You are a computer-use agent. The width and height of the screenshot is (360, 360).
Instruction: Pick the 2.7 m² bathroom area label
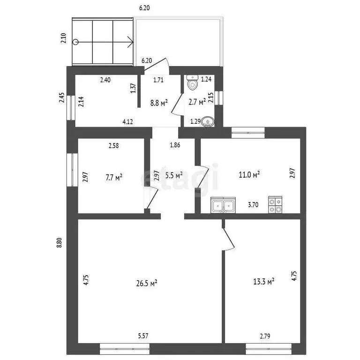(x=197, y=101)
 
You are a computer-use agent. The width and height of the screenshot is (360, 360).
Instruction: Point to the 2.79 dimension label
(x=265, y=336)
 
